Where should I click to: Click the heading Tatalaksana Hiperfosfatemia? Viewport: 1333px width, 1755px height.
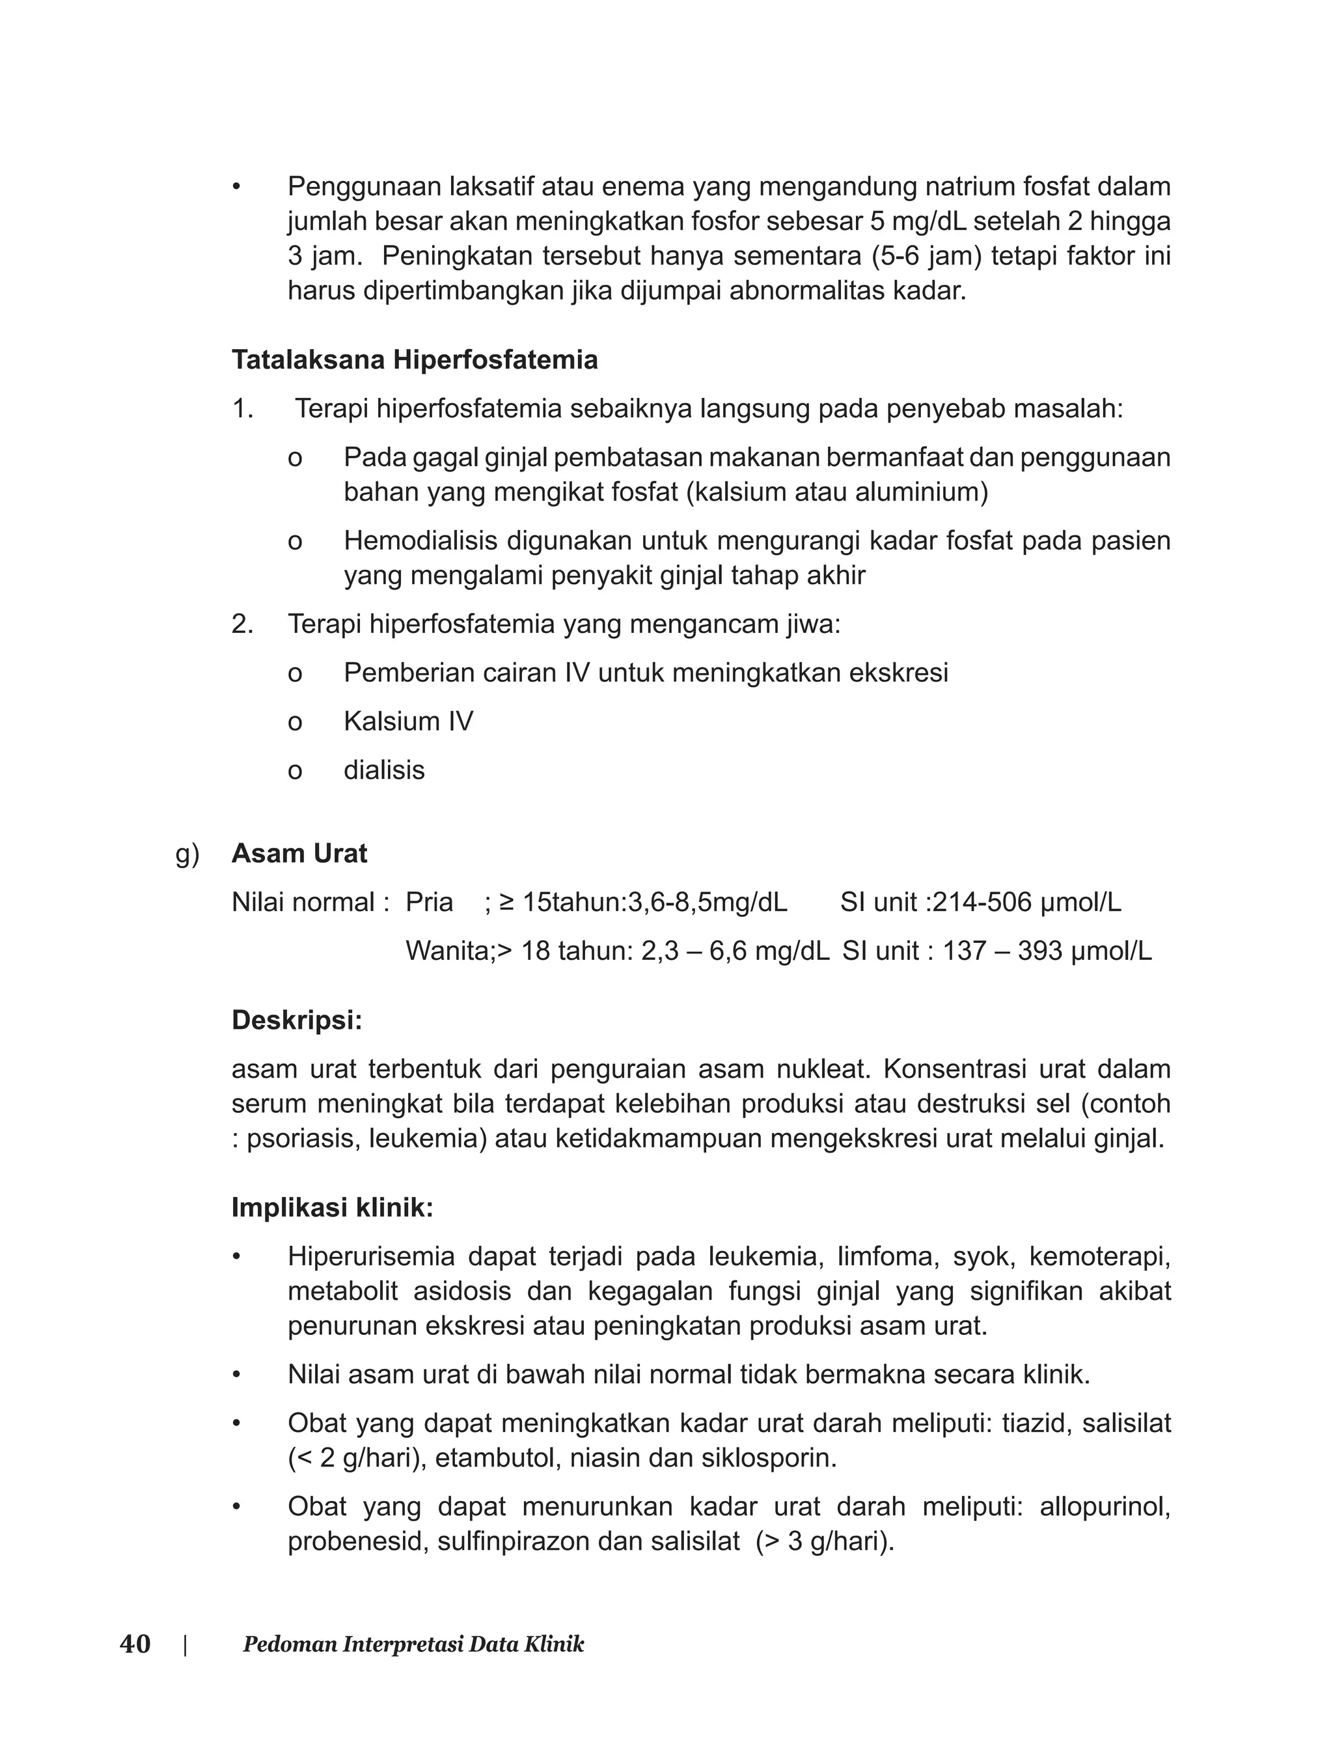coord(414,360)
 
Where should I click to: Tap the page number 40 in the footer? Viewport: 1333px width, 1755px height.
coord(135,1644)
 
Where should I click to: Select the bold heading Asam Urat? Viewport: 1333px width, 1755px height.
coord(299,853)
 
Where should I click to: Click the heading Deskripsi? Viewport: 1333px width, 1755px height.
coord(297,1020)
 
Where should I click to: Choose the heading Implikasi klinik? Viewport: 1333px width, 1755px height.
coord(333,1207)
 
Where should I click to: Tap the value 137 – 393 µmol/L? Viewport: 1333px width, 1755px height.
coord(1047,951)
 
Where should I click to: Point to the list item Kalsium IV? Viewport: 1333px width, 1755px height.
coord(408,722)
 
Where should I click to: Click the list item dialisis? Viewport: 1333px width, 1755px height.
coord(384,770)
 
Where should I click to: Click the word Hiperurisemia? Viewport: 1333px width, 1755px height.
coord(372,1257)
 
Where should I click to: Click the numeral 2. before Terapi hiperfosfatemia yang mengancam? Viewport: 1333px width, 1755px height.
coord(242,624)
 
